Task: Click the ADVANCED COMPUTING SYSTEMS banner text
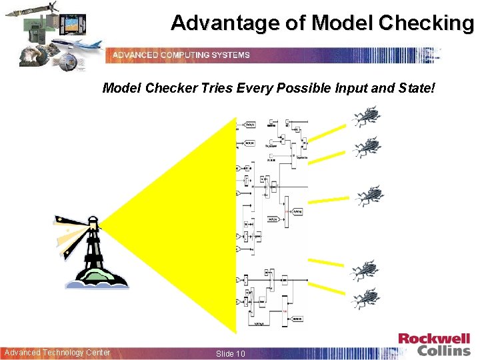181,55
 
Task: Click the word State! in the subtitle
417,88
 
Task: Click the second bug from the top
366,147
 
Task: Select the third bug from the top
369,196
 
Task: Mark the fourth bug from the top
365,270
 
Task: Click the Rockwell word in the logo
434,339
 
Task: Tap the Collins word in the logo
443,351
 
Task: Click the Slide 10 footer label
231,353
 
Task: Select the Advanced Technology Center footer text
57,353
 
